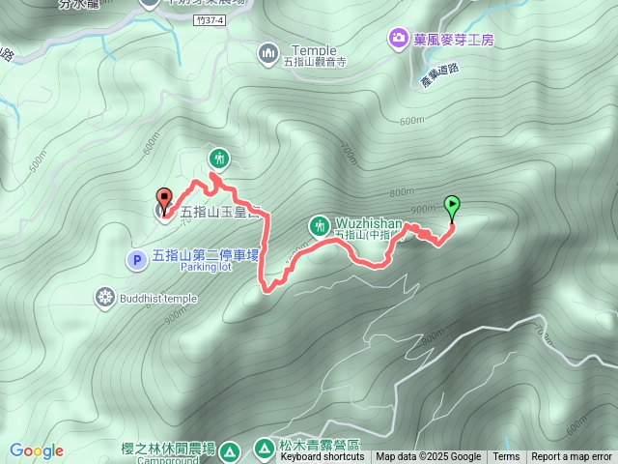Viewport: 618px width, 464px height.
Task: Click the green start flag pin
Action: click(451, 205)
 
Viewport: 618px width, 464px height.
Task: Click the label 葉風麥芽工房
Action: click(453, 39)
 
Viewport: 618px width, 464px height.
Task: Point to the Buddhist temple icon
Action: click(105, 297)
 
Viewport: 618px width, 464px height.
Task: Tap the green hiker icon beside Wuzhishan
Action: click(319, 226)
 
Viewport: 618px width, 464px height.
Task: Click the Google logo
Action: click(37, 450)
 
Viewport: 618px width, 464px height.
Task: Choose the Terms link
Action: click(506, 457)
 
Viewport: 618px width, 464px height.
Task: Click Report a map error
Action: click(572, 457)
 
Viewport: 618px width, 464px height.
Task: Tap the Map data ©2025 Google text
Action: click(428, 457)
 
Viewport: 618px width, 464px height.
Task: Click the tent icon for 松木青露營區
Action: click(264, 448)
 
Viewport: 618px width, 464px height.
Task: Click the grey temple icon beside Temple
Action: click(268, 52)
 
